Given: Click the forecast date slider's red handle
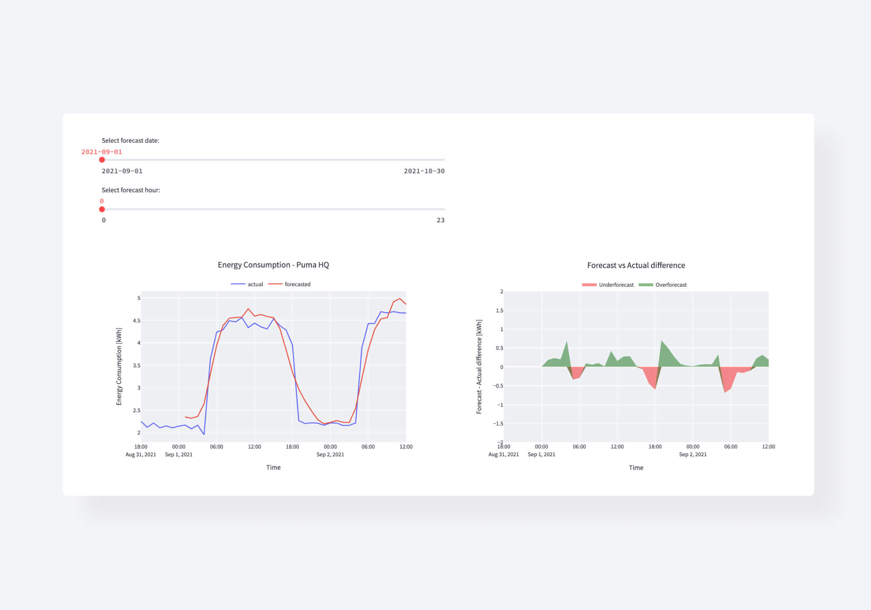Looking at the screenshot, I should point(102,160).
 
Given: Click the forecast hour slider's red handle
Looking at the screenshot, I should point(102,209).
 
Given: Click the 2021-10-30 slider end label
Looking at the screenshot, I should point(424,171).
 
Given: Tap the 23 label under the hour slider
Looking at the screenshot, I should point(440,220).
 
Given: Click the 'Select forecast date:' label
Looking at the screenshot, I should point(130,141).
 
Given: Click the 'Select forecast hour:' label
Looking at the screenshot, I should point(131,190).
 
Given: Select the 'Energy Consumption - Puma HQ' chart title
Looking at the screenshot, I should point(273,265).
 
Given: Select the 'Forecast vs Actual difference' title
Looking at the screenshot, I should point(636,265).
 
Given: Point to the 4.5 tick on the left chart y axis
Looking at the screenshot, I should point(137,321).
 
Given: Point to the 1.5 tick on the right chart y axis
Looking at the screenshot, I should point(499,311).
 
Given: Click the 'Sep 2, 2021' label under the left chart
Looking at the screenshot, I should point(330,454).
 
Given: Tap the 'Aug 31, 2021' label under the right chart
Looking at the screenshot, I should point(503,454).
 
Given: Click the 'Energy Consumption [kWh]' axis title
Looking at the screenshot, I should point(119,366).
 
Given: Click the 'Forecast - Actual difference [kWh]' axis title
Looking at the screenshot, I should point(479,366).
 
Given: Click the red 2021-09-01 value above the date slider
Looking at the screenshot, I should point(101,152).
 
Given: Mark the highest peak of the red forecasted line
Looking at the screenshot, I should point(400,299).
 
